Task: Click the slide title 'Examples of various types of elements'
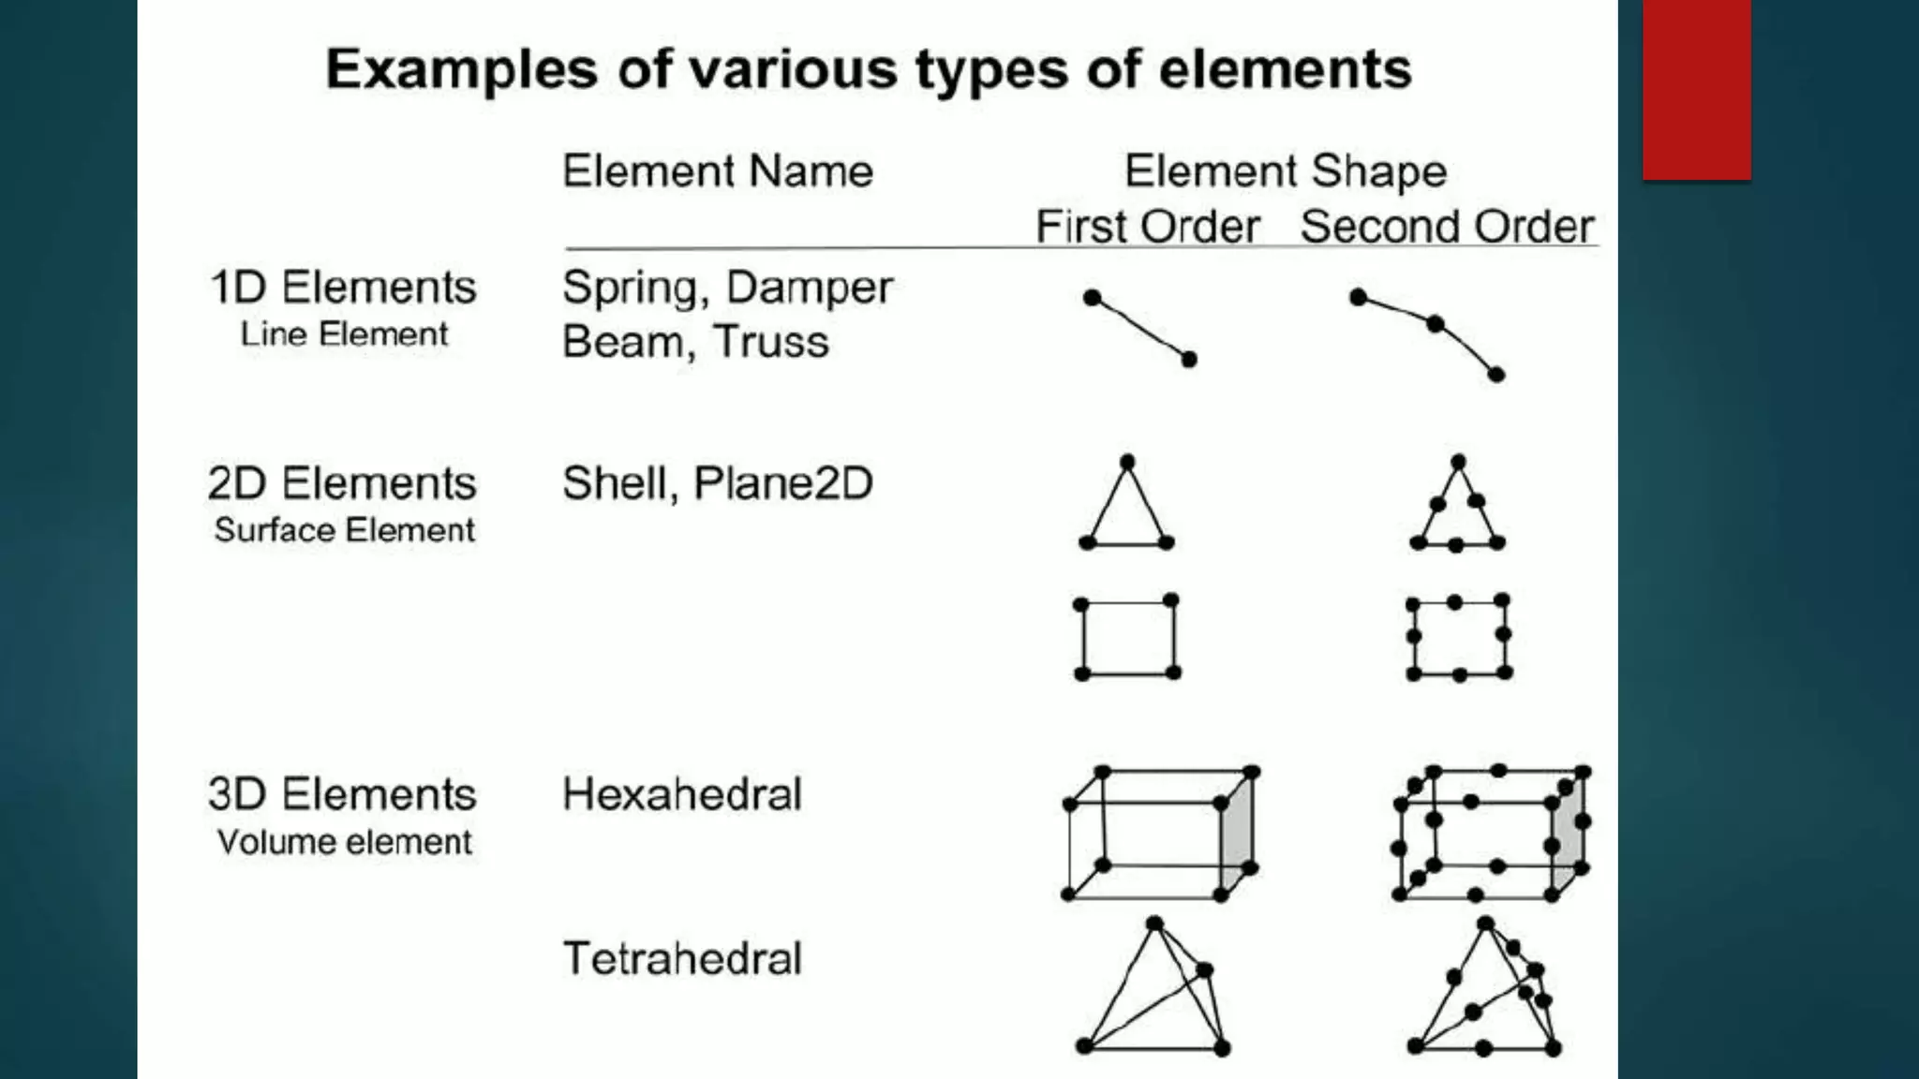pos(868,69)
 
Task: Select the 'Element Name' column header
pos(718,171)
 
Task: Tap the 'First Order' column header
pos(1147,227)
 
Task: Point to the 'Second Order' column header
pos(1447,227)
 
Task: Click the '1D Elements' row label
pos(343,288)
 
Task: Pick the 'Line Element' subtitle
pos(344,334)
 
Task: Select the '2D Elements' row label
pos(342,484)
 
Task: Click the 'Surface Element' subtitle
pos(344,530)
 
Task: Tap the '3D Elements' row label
pos(342,794)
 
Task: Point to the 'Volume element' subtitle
pos(344,842)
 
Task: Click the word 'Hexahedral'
pos(682,794)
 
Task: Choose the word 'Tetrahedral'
pos(682,958)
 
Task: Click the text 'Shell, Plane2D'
pos(718,484)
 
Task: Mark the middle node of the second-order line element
pos(1435,324)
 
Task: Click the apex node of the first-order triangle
pos(1127,462)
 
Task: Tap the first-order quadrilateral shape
pos(1127,637)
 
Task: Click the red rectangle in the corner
pos(1696,89)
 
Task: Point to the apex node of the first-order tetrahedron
pos(1154,924)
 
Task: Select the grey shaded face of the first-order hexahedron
pos(1237,838)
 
